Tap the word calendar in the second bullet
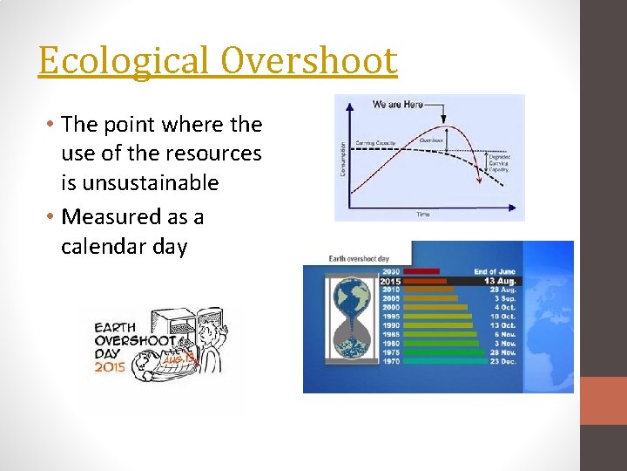pyautogui.click(x=104, y=247)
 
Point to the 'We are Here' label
pyautogui.click(x=397, y=104)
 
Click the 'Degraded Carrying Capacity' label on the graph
pyautogui.click(x=500, y=163)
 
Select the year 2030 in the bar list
pyautogui.click(x=391, y=272)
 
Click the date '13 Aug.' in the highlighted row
pyautogui.click(x=502, y=281)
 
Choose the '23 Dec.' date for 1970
pyautogui.click(x=502, y=361)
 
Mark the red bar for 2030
pyautogui.click(x=421, y=272)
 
